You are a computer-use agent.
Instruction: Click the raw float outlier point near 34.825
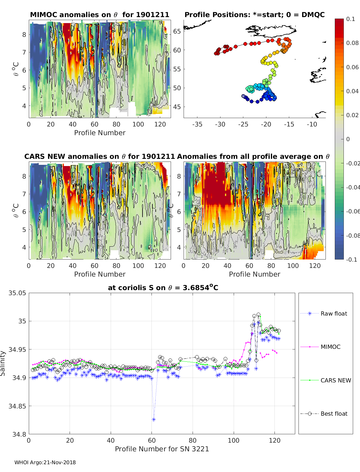click(154, 420)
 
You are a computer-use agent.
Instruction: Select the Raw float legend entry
click(334, 313)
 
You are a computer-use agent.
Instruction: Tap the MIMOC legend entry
click(330, 347)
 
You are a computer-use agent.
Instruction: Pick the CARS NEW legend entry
click(335, 380)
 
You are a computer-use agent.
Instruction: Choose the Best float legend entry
click(334, 414)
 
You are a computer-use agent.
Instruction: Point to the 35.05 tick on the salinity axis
click(17, 293)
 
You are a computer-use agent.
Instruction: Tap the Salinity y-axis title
click(3, 363)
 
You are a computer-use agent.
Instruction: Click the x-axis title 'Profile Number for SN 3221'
click(162, 449)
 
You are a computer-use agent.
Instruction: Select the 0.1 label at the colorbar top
click(350, 19)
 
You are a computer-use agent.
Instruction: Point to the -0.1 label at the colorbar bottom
click(351, 260)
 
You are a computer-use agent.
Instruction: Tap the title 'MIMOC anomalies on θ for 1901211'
click(100, 15)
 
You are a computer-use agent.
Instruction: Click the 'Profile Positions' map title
click(254, 15)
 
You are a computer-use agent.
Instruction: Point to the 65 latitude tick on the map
click(177, 31)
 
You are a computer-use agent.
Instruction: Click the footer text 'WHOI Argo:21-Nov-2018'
click(45, 462)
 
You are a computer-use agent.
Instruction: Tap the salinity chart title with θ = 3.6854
click(163, 288)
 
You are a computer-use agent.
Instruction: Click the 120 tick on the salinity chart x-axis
click(274, 441)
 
